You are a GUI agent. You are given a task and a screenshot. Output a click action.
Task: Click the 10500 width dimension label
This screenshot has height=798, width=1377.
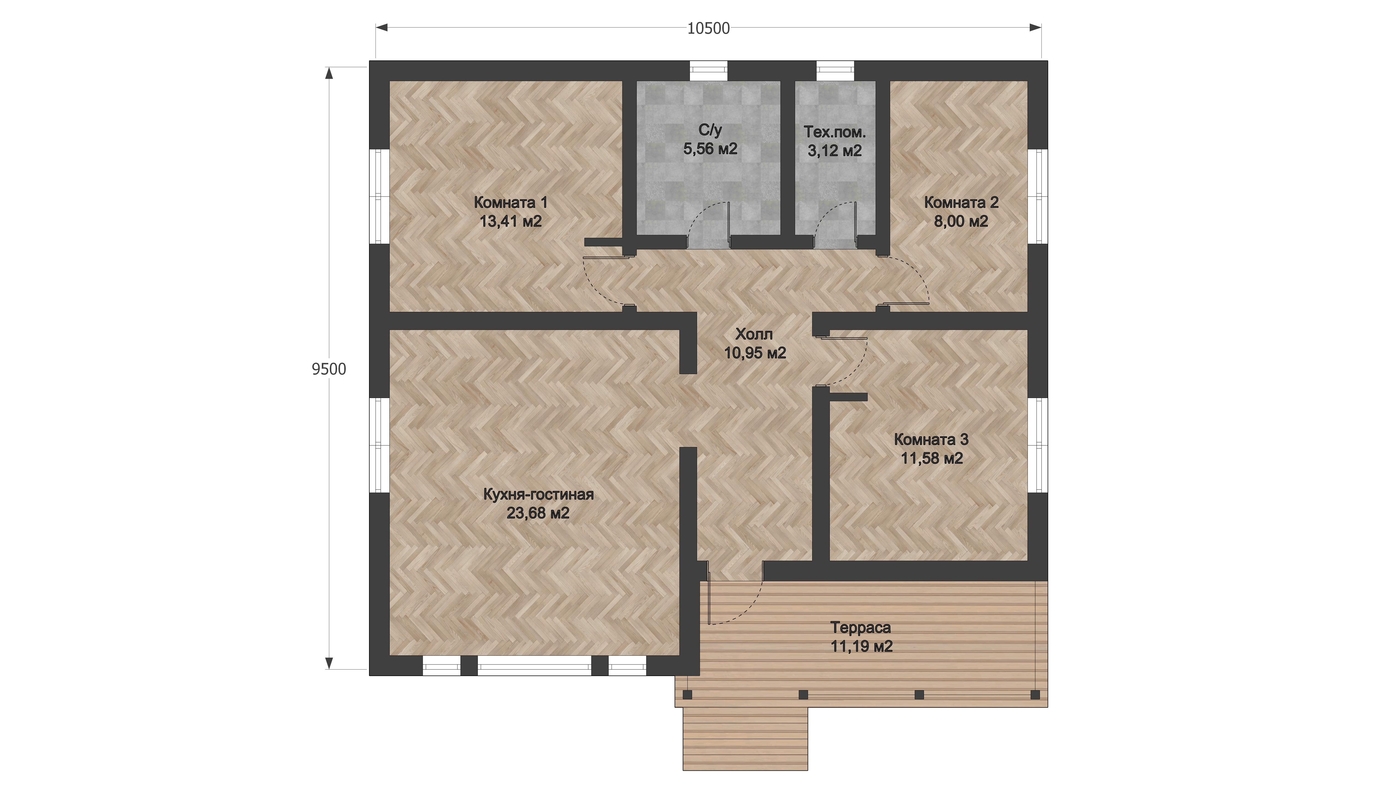[708, 28]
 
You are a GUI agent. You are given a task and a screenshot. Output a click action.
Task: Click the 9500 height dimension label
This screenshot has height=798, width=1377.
[329, 369]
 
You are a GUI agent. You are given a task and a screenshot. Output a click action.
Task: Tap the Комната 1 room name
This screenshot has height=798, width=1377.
[510, 203]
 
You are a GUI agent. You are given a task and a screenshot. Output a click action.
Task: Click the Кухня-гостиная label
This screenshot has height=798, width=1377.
[538, 495]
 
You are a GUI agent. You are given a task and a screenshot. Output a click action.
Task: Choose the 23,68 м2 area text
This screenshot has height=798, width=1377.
[538, 513]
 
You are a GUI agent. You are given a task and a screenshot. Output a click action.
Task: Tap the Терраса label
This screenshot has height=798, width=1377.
[861, 628]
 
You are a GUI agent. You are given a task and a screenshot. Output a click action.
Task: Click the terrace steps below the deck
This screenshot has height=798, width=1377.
[745, 739]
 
